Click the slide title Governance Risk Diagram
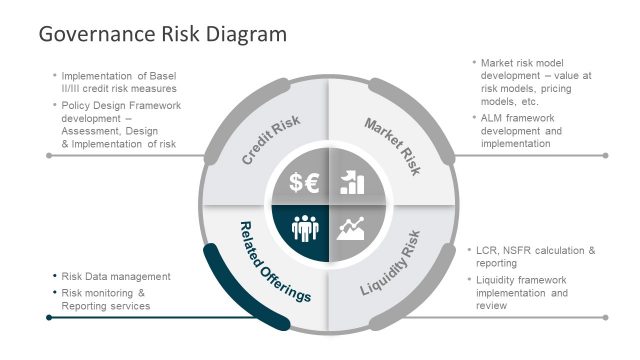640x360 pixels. (162, 34)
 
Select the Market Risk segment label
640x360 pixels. (393, 146)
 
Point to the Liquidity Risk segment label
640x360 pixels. (390, 262)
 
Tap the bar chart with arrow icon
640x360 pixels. (351, 181)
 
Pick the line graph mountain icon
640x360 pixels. (351, 229)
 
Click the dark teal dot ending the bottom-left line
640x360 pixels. (48, 317)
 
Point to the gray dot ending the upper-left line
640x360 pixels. (48, 156)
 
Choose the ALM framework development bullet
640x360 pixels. (521, 131)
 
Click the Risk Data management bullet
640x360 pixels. (116, 277)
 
